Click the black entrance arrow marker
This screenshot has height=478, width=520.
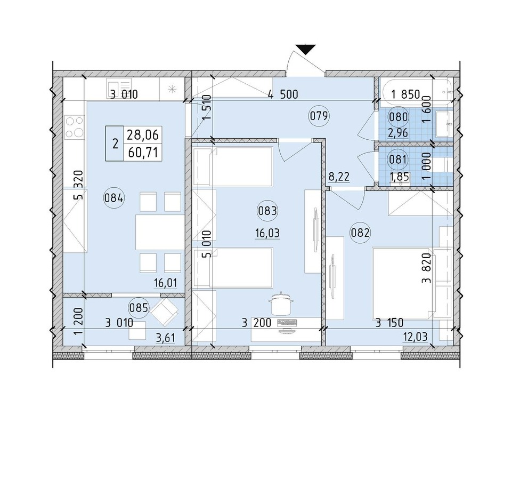[306, 49]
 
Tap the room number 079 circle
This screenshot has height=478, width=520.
[319, 116]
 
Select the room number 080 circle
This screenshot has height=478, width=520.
[398, 117]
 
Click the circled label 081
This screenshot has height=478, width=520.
[398, 160]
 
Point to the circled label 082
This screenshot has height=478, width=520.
[360, 233]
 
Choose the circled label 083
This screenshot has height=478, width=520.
[267, 211]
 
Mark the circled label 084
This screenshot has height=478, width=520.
[114, 198]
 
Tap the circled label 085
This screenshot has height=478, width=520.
[139, 308]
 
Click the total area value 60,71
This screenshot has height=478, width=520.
[143, 153]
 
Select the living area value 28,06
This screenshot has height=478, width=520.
[143, 134]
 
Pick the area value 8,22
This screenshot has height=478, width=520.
[339, 176]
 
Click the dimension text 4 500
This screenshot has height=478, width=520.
[283, 94]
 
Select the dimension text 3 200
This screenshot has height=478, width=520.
[256, 323]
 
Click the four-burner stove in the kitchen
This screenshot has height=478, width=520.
[75, 127]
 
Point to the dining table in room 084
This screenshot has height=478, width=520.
[160, 233]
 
